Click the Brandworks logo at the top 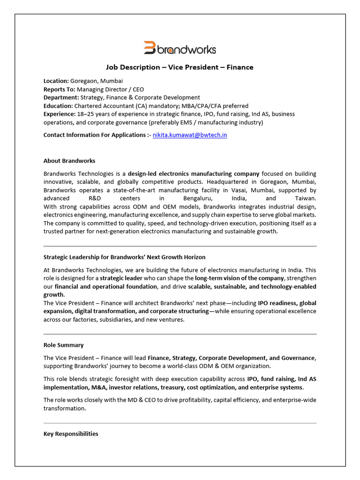180,48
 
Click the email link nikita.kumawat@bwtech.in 190,135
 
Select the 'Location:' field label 56,81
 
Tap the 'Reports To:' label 59,89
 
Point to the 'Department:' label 61,97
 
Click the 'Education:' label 58,105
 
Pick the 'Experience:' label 59,114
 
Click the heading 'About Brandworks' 69,161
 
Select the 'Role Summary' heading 63,345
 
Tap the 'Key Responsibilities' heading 71,434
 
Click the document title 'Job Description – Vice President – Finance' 180,67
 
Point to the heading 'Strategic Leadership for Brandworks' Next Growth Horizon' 124,257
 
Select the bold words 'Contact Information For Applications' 94,135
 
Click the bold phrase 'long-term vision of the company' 240,278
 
